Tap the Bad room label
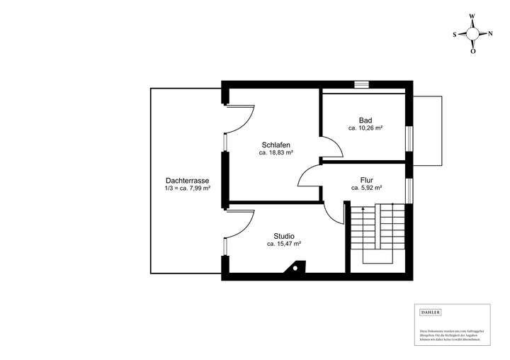click(x=365, y=120)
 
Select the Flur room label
click(x=367, y=180)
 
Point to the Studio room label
click(x=284, y=236)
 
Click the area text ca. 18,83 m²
click(x=276, y=152)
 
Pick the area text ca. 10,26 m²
click(x=365, y=128)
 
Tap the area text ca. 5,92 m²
click(x=367, y=189)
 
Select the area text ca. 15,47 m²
click(x=284, y=244)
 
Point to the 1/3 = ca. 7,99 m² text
click(x=188, y=189)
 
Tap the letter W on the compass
click(x=473, y=16)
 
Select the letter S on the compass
click(x=455, y=33)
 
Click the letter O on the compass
click(x=473, y=50)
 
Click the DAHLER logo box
click(x=431, y=312)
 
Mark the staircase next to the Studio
click(x=378, y=234)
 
